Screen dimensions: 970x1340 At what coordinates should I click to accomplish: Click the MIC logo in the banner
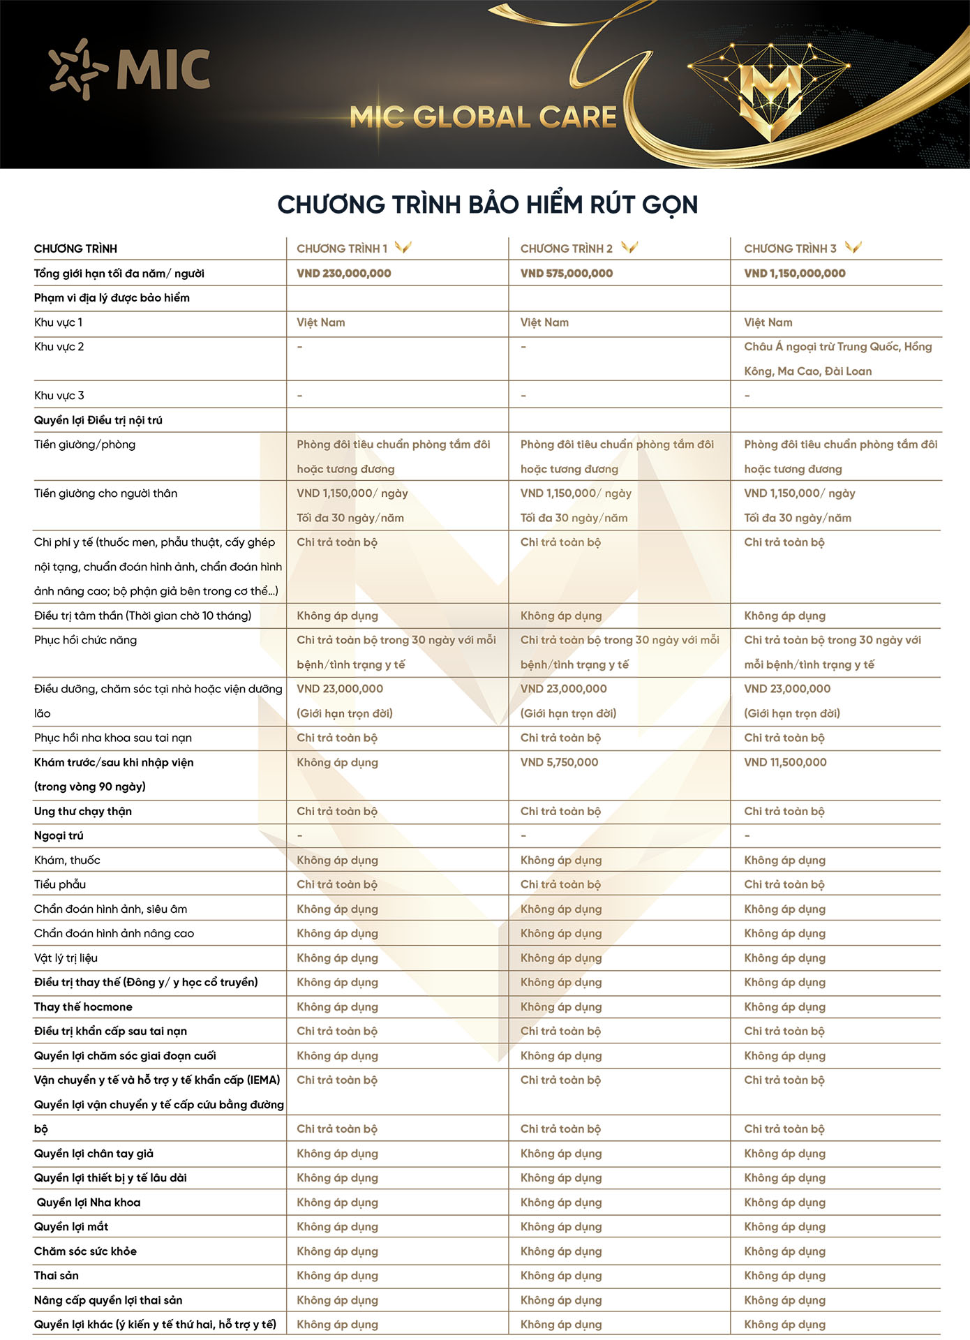pyautogui.click(x=130, y=69)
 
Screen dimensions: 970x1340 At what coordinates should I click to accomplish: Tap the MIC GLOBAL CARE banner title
pyautogui.click(x=483, y=117)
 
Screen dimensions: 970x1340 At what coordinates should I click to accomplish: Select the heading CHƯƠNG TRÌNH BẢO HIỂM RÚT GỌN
pyautogui.click(x=487, y=204)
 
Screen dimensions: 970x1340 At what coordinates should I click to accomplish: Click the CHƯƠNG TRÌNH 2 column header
pyautogui.click(x=566, y=248)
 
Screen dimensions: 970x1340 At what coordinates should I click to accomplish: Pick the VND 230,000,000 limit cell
pyautogui.click(x=343, y=274)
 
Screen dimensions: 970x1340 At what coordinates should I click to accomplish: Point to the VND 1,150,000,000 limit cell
pyautogui.click(x=794, y=274)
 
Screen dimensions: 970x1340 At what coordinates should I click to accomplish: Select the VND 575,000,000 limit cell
pyautogui.click(x=566, y=274)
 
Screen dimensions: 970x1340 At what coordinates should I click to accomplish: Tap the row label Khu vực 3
pyautogui.click(x=59, y=396)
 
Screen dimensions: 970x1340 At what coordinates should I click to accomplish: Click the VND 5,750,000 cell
pyautogui.click(x=559, y=762)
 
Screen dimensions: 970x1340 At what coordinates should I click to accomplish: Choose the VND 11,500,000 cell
pyautogui.click(x=785, y=762)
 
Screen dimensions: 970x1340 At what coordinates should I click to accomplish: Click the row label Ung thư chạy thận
pyautogui.click(x=83, y=811)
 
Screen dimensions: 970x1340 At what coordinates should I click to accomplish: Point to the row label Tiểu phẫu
pyautogui.click(x=60, y=884)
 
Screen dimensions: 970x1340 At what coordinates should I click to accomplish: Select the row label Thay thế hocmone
pyautogui.click(x=83, y=1006)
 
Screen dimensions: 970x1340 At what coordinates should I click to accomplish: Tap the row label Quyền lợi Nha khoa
pyautogui.click(x=89, y=1202)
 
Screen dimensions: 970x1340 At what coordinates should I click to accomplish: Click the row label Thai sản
pyautogui.click(x=57, y=1275)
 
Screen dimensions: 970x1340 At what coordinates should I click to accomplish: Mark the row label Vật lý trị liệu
pyautogui.click(x=66, y=958)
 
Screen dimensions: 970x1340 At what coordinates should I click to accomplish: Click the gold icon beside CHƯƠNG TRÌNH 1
pyautogui.click(x=403, y=247)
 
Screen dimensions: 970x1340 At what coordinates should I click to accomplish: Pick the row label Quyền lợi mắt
pyautogui.click(x=71, y=1226)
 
